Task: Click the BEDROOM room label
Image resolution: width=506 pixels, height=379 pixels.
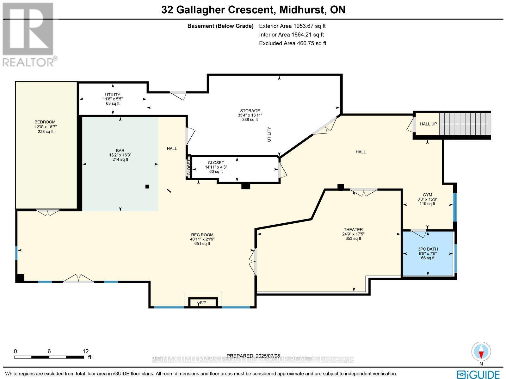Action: [x=45, y=122]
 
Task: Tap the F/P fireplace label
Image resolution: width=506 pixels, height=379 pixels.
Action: [x=203, y=303]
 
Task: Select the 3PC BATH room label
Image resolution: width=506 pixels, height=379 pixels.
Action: [x=428, y=249]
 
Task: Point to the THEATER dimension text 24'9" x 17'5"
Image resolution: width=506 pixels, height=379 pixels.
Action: [x=353, y=234]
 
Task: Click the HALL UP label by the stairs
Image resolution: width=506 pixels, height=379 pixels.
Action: [x=428, y=124]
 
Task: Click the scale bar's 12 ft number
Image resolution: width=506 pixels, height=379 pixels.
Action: [x=85, y=351]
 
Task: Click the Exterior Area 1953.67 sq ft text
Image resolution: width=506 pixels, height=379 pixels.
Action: [x=292, y=26]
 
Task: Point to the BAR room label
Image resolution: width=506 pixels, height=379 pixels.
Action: [x=120, y=151]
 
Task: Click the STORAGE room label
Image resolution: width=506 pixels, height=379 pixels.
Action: [x=250, y=111]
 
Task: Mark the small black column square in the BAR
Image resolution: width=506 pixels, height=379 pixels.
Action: [x=147, y=187]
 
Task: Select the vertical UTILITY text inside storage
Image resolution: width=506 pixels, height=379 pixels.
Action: [x=269, y=134]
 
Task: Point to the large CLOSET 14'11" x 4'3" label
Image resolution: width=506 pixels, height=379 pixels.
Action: [x=216, y=163]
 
